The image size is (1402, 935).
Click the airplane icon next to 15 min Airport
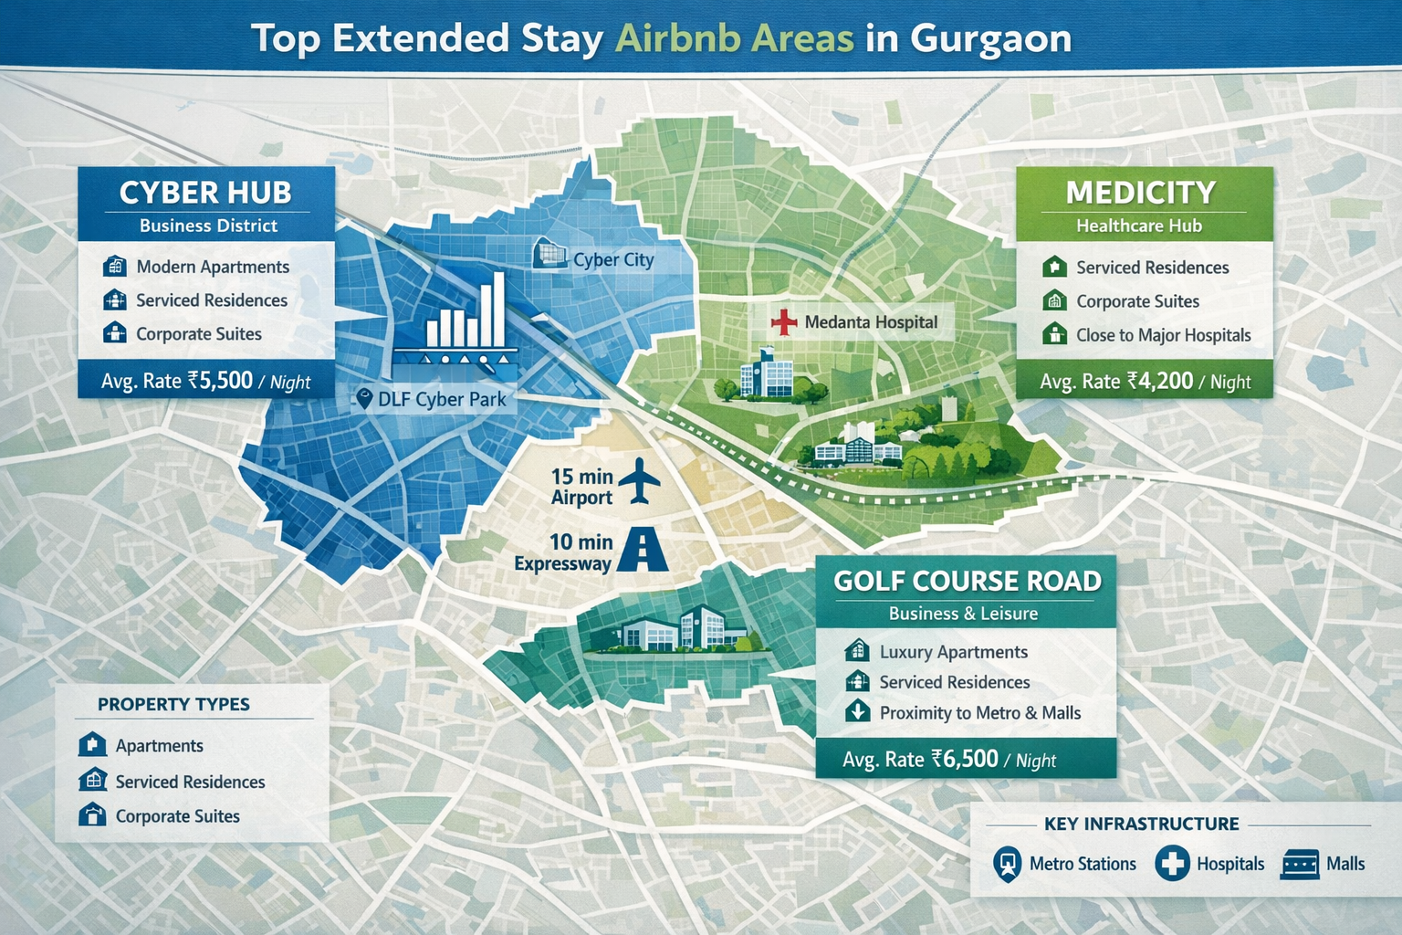[x=639, y=481]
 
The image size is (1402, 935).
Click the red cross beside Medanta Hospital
[x=784, y=321]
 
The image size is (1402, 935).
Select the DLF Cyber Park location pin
[x=364, y=399]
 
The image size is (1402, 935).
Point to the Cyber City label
[x=613, y=260]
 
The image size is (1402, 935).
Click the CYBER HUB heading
[x=205, y=193]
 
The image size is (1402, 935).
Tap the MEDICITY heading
[x=1140, y=193]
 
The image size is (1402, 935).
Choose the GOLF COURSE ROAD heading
[x=968, y=582]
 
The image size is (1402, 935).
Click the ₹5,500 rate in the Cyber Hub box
[x=220, y=381]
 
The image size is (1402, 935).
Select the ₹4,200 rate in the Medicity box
[x=1160, y=381]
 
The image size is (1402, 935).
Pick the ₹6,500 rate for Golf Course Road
[x=965, y=759]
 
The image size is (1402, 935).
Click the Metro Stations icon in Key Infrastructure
[x=1007, y=864]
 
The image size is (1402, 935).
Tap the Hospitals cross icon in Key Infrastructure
[x=1172, y=863]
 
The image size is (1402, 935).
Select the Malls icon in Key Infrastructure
[x=1300, y=864]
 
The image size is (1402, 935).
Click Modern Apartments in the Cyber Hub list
[x=213, y=267]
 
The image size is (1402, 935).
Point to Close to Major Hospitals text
[x=1163, y=335]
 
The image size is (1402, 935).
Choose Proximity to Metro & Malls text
[x=979, y=713]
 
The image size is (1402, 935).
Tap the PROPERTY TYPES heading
[x=173, y=704]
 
